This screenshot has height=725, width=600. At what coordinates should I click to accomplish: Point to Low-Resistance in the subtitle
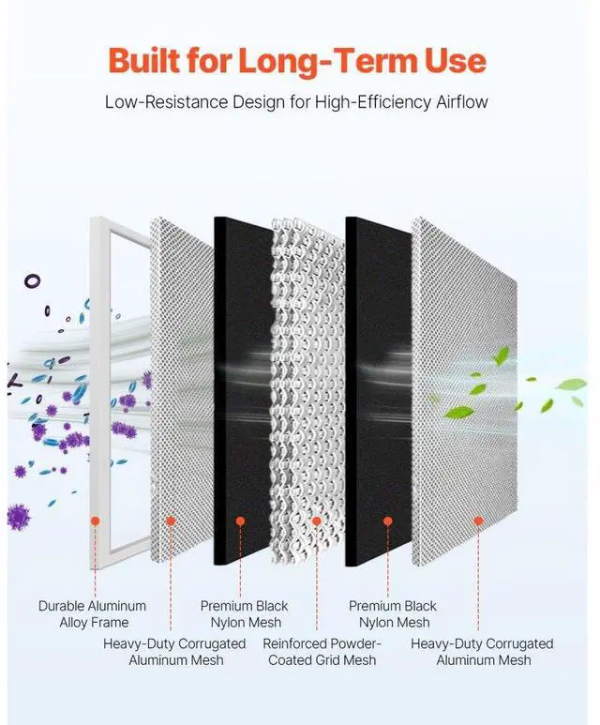(159, 100)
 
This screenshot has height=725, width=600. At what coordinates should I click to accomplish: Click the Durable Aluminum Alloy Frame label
(92, 613)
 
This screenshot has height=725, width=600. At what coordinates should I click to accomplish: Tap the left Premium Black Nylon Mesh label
(245, 613)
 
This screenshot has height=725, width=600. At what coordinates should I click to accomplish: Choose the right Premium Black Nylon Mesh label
(393, 613)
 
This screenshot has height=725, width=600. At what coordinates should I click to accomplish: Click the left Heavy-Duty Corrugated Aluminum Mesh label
(174, 651)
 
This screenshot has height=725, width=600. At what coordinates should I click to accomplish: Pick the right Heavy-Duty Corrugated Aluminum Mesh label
(482, 651)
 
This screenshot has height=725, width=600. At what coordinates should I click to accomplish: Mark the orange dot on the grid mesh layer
(317, 521)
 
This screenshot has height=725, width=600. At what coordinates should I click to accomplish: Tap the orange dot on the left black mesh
(240, 521)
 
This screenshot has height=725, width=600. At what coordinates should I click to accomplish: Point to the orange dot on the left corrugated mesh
(170, 521)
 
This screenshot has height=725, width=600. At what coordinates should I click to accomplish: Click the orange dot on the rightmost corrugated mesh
(477, 521)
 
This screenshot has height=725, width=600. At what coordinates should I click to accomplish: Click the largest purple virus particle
(18, 515)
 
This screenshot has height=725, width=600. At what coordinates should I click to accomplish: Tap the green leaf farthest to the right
(570, 385)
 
